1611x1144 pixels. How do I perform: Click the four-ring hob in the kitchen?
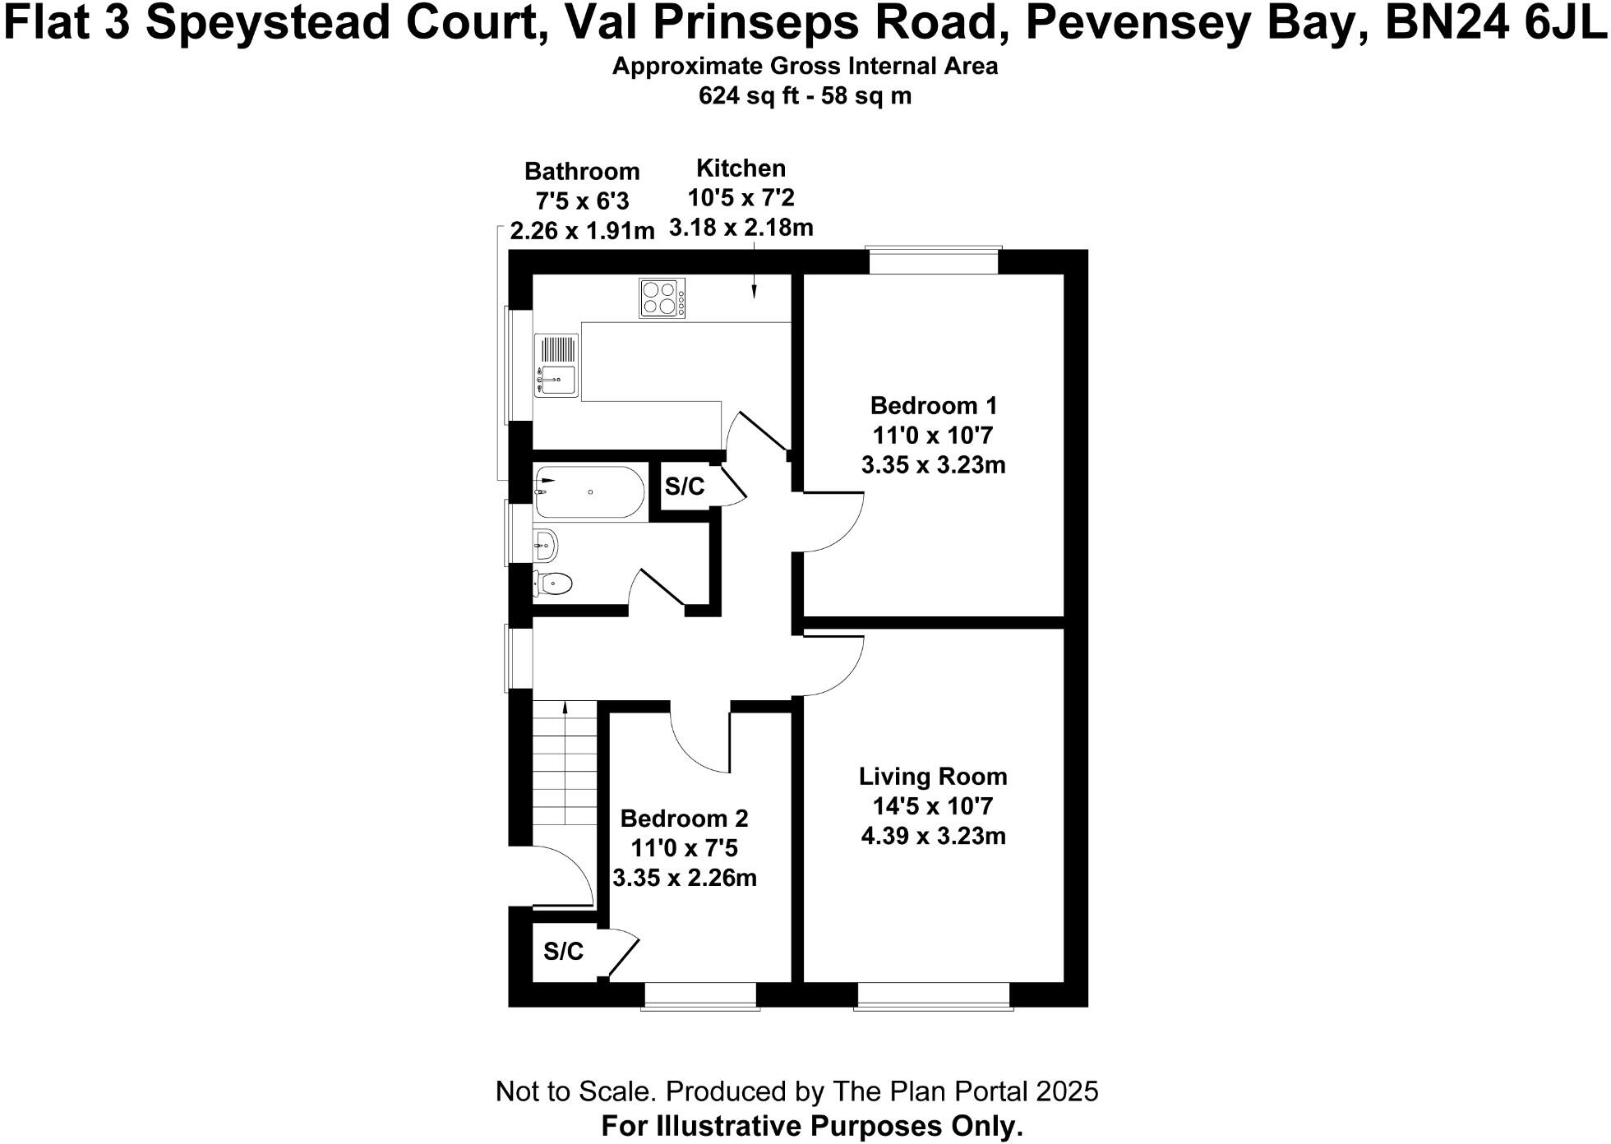click(x=662, y=298)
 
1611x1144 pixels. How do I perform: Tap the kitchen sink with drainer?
click(x=556, y=366)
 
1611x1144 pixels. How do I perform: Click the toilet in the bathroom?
click(x=553, y=584)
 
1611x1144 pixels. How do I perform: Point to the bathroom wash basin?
click(x=546, y=544)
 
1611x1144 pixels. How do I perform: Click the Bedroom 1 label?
click(x=933, y=405)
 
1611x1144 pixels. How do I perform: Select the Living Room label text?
click(x=933, y=776)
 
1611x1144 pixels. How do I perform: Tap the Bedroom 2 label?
click(x=684, y=819)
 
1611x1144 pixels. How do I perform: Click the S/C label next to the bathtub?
click(x=685, y=487)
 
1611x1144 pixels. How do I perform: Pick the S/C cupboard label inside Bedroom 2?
click(x=563, y=952)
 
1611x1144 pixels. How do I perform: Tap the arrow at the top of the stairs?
click(x=565, y=706)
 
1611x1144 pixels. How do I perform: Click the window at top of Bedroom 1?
click(x=934, y=261)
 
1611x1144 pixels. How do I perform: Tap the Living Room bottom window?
click(x=933, y=995)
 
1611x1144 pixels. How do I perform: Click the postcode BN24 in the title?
click(x=1447, y=23)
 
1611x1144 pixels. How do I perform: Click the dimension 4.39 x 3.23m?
click(x=933, y=836)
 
